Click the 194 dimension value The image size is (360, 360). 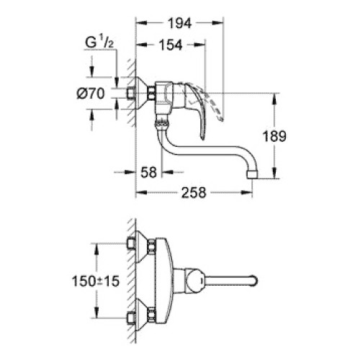179,24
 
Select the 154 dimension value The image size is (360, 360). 171,45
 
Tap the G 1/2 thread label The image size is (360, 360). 99,42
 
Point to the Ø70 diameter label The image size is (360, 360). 91,93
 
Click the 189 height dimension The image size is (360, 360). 274,136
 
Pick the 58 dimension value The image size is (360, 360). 148,172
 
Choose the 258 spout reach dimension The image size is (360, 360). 194,192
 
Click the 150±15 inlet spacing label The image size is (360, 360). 96,281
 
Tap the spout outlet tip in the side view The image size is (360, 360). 252,174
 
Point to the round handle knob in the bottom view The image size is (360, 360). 196,281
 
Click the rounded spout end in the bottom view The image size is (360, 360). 254,281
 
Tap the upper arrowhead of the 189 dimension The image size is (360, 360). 274,99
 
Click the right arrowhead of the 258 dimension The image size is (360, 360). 246,192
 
